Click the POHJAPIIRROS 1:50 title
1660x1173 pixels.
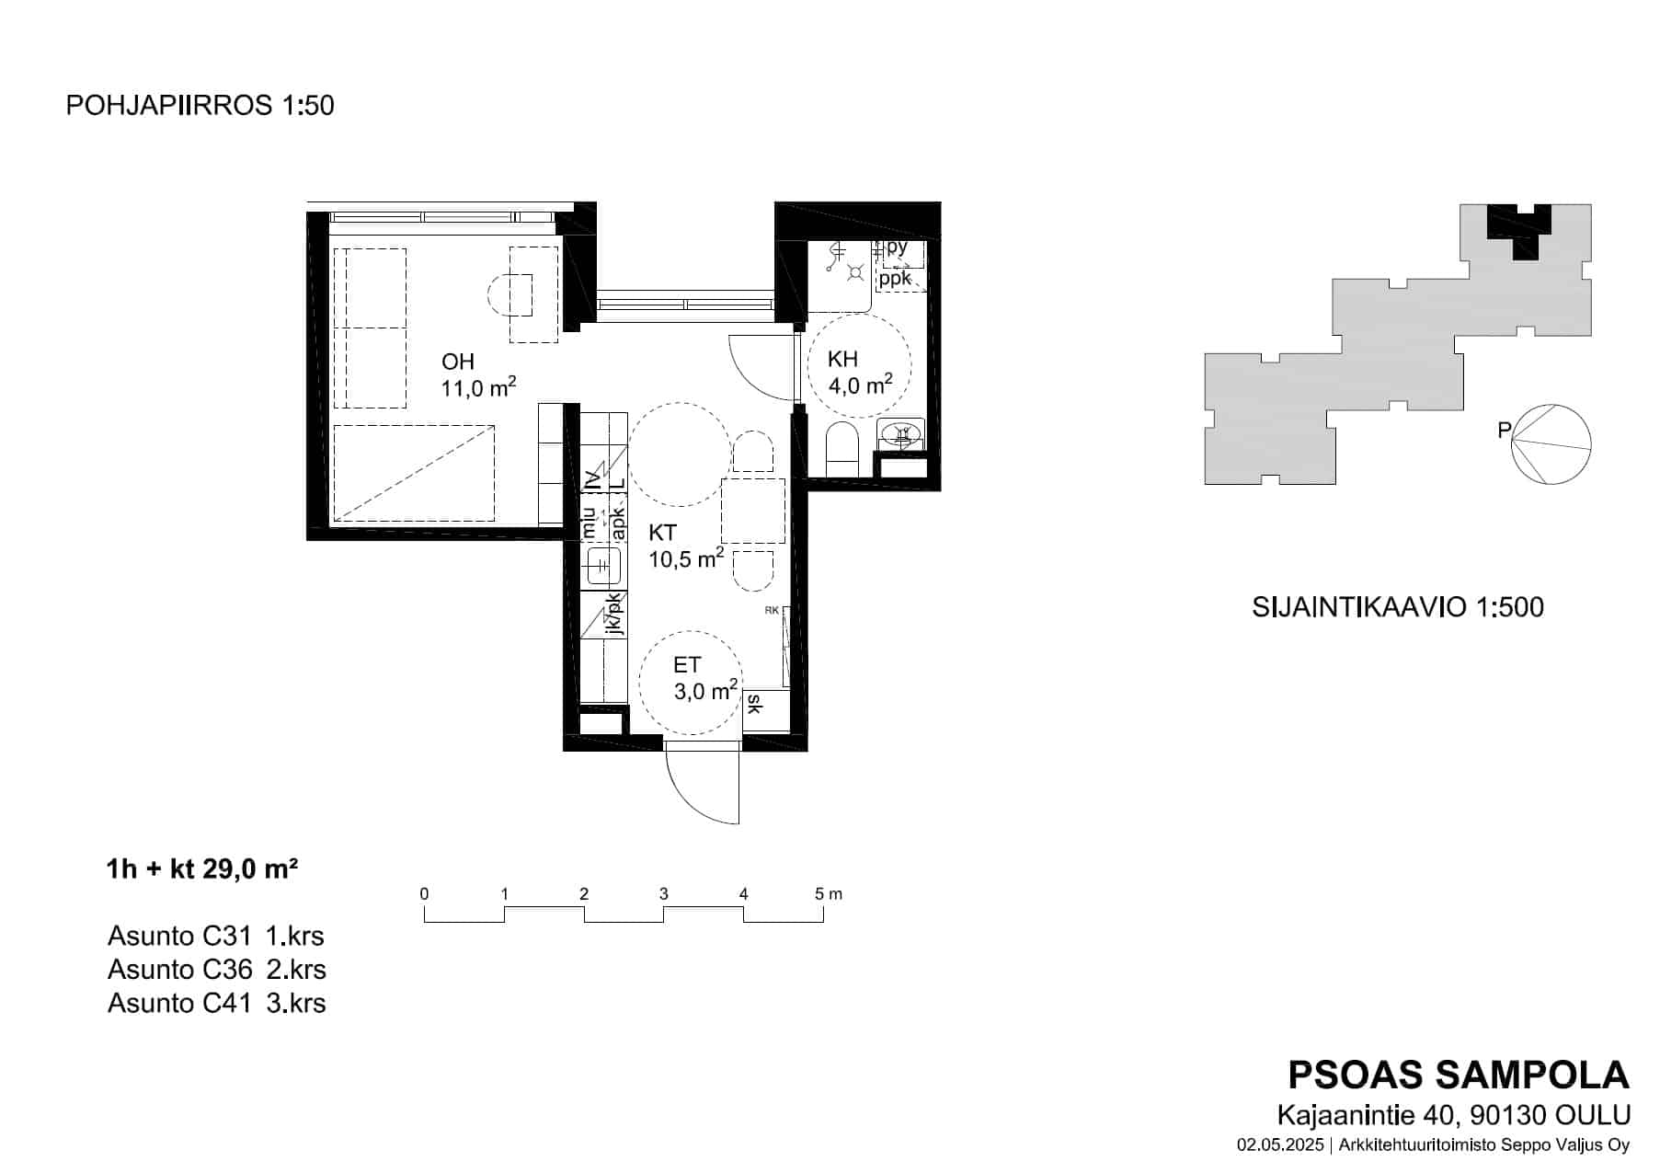[200, 106]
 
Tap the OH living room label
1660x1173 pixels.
[458, 362]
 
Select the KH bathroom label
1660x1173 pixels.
[843, 360]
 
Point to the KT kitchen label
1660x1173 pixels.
[663, 533]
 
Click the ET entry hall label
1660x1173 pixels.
[687, 665]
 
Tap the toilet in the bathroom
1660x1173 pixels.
[841, 449]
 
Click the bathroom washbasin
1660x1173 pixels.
[901, 433]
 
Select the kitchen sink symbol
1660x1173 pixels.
[602, 563]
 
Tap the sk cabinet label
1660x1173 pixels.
[754, 704]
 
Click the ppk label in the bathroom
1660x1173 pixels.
[895, 278]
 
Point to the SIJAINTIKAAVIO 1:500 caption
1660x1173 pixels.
[1398, 607]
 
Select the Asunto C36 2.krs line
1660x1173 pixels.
[217, 970]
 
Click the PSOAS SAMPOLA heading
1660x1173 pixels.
[1459, 1075]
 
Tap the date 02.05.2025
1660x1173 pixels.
[1280, 1145]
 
